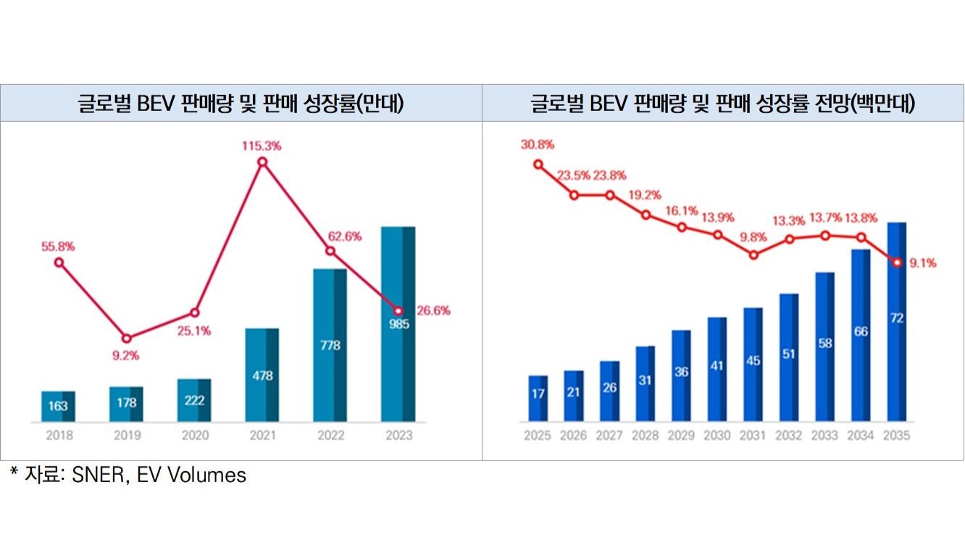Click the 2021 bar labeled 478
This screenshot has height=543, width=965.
point(262,375)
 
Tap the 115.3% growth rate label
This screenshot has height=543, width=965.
point(262,146)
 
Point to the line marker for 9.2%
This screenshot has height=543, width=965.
point(126,339)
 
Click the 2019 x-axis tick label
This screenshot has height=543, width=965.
point(126,435)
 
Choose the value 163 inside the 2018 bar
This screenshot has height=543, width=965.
point(58,406)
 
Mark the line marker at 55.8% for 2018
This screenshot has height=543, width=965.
point(59,262)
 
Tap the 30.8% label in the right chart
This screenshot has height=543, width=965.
point(537,144)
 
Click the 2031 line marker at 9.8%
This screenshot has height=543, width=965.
point(753,255)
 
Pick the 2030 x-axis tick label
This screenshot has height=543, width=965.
point(717,436)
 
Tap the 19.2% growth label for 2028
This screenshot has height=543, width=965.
point(646,195)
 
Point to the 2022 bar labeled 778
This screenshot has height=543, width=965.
point(330,345)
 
